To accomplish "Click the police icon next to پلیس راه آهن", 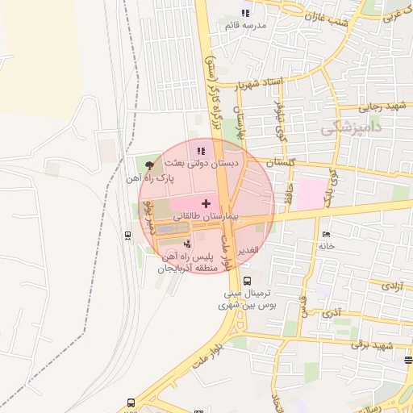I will (x=188, y=242).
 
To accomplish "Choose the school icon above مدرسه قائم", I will (x=246, y=13).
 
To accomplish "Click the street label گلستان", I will (x=280, y=162).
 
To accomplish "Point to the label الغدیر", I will (x=248, y=251).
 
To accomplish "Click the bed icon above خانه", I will (x=327, y=233).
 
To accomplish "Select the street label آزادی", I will (x=393, y=286).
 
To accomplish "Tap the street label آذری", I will (x=330, y=311).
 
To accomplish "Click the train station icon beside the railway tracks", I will (x=127, y=236).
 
